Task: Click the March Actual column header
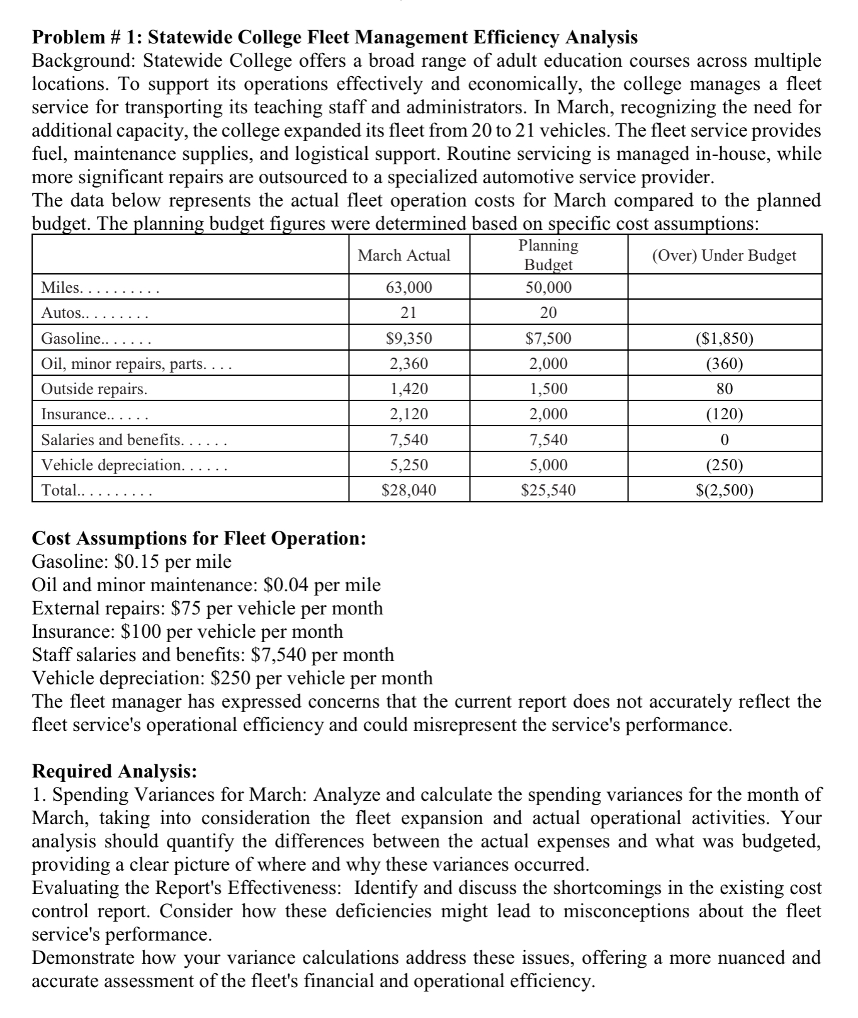(404, 256)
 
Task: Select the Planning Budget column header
(548, 255)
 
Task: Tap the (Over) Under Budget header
(724, 256)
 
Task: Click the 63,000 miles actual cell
(409, 288)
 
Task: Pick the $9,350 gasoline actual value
(409, 339)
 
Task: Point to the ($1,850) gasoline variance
(725, 339)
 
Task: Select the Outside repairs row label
(94, 389)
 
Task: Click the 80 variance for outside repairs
(725, 389)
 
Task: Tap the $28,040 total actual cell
(409, 490)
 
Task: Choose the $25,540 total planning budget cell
(548, 490)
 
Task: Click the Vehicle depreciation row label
(113, 465)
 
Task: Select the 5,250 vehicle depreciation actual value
(409, 465)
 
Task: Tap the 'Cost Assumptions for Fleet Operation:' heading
(199, 538)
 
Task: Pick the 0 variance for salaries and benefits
(725, 439)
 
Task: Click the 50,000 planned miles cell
(548, 288)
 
